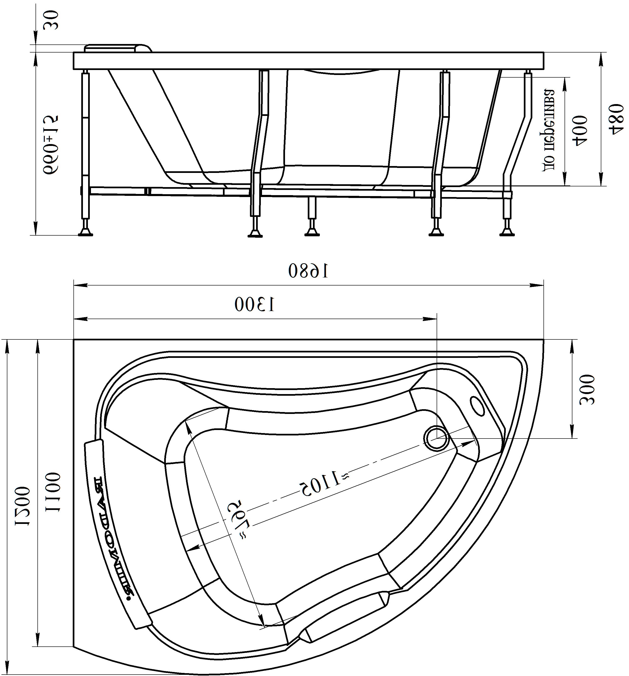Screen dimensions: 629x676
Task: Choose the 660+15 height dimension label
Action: pyautogui.click(x=51, y=145)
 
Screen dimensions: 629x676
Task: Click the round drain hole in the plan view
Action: pyautogui.click(x=436, y=439)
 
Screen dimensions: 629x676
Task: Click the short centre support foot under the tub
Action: pyautogui.click(x=312, y=232)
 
